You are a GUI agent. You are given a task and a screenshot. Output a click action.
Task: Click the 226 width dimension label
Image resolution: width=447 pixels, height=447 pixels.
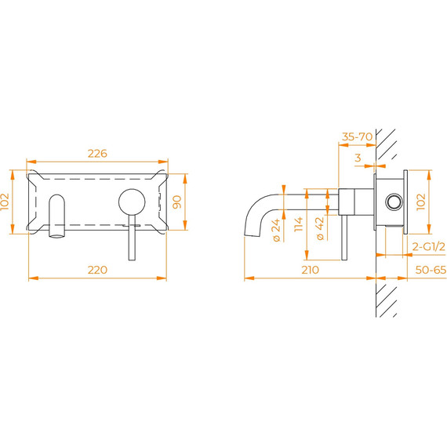pyautogui.click(x=97, y=154)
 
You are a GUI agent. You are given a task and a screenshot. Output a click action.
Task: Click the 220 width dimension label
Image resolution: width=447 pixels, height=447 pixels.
pyautogui.click(x=97, y=270)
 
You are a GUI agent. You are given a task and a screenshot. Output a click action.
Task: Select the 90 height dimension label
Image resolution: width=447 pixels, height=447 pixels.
pyautogui.click(x=177, y=202)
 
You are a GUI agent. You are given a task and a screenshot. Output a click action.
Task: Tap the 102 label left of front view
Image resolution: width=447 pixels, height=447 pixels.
pyautogui.click(x=5, y=202)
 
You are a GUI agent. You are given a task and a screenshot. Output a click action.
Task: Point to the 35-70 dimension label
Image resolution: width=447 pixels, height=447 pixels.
pyautogui.click(x=357, y=136)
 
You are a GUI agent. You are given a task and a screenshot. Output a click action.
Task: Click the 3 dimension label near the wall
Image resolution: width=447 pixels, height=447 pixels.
pyautogui.click(x=358, y=158)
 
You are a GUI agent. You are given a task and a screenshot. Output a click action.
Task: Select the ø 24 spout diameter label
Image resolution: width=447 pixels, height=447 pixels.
pyautogui.click(x=277, y=231)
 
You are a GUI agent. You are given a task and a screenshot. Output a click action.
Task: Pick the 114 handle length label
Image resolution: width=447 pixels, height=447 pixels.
pyautogui.click(x=298, y=224)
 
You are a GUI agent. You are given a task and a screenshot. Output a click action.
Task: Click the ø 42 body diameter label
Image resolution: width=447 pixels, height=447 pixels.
pyautogui.click(x=320, y=229)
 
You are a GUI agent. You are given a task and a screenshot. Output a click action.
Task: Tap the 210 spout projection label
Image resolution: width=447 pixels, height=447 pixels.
pyautogui.click(x=311, y=270)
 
